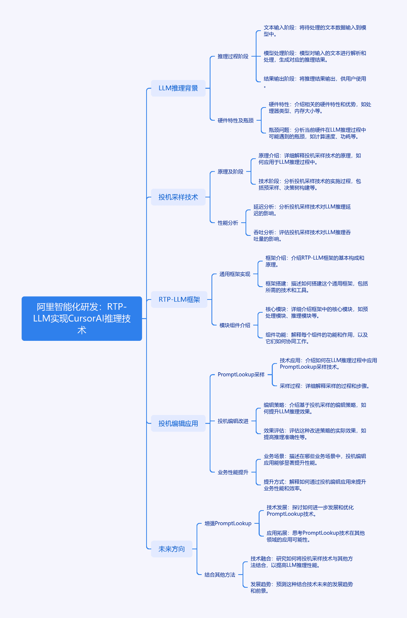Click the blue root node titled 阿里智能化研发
[x=82, y=318]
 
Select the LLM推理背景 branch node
[x=178, y=88]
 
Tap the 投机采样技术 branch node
[x=178, y=197]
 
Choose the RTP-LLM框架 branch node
[x=179, y=299]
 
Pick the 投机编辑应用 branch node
[x=178, y=423]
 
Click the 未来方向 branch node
[x=172, y=549]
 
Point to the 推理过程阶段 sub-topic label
[x=233, y=56]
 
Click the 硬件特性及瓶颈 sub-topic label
[x=236, y=120]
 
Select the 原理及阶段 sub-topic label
[x=230, y=172]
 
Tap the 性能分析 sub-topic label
[x=228, y=223]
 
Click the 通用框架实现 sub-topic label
[x=235, y=274]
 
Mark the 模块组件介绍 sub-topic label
[x=235, y=325]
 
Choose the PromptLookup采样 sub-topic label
[x=241, y=374]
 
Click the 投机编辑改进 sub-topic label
[x=233, y=421]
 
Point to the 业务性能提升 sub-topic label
[x=233, y=472]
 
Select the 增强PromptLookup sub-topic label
[x=228, y=523]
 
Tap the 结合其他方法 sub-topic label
[x=220, y=575]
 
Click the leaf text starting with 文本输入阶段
[x=315, y=31]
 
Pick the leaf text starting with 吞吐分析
[x=302, y=235]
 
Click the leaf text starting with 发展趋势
[x=301, y=588]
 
